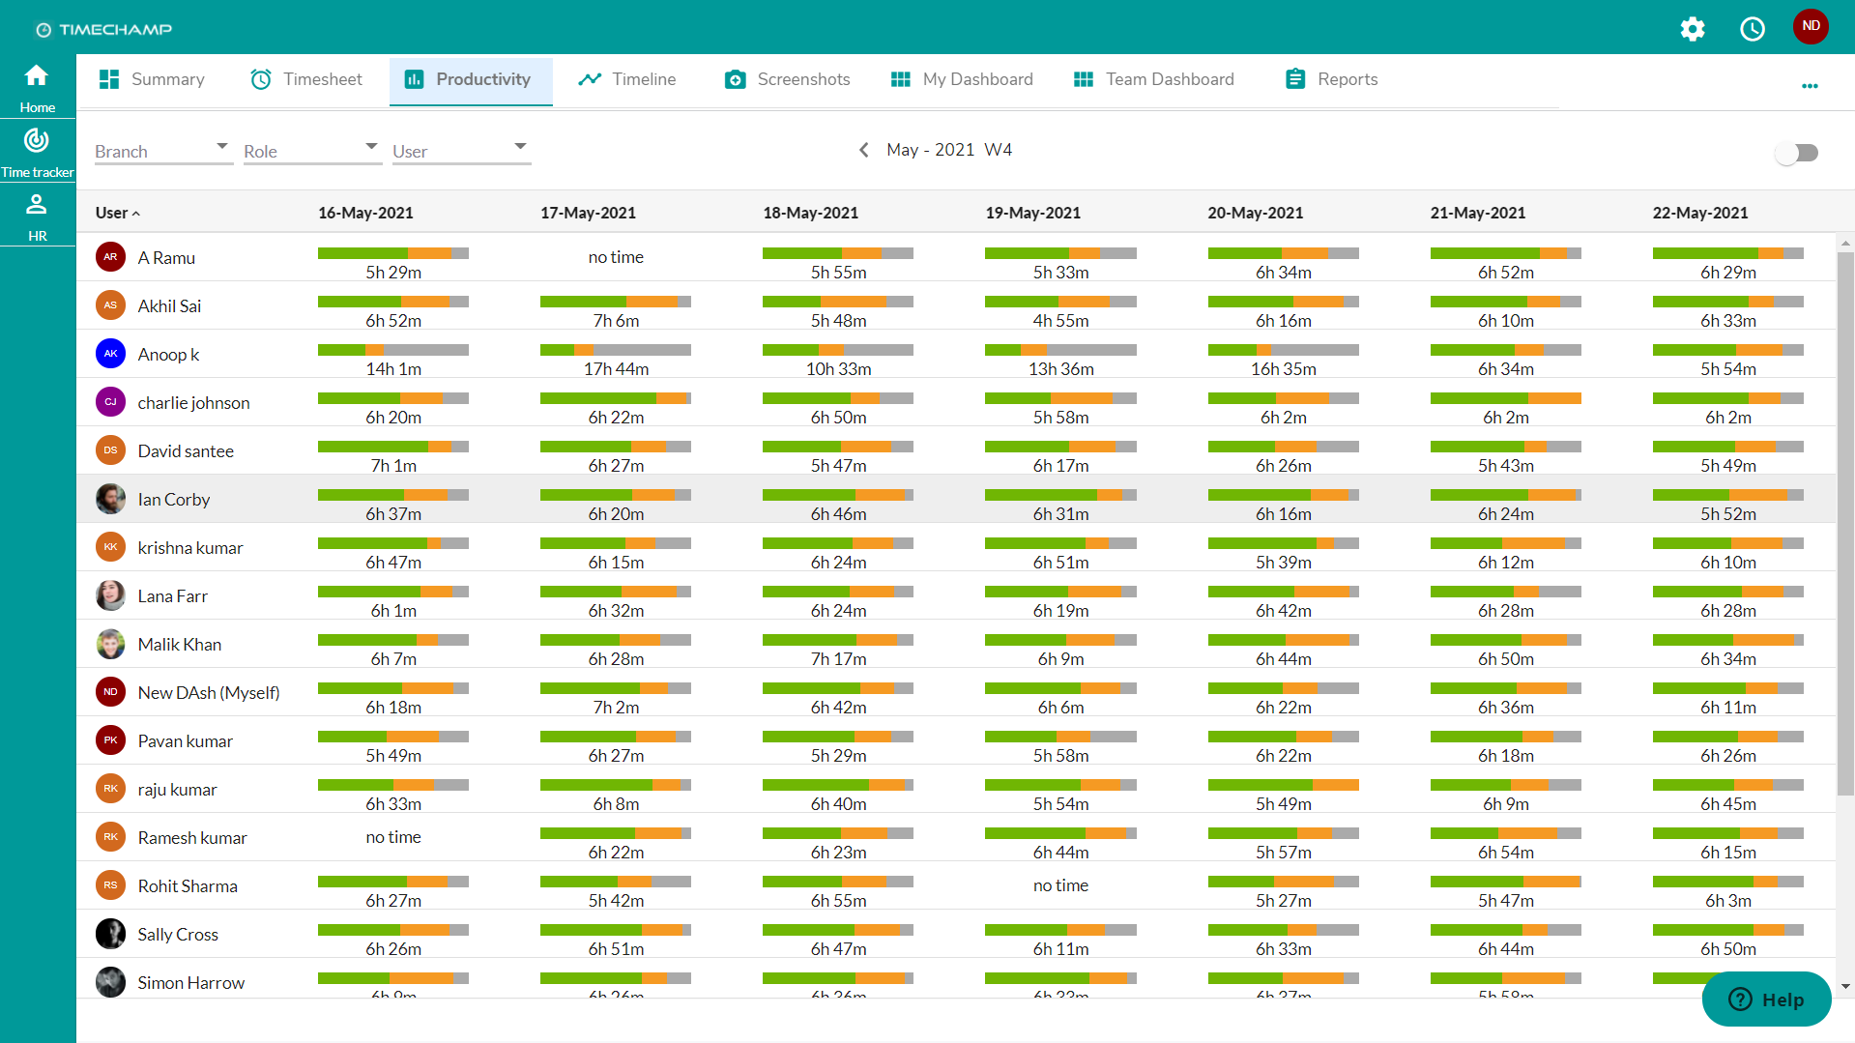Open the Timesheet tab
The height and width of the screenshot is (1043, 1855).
(x=306, y=79)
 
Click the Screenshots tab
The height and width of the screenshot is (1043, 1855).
(x=787, y=79)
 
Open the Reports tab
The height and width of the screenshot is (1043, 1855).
(x=1331, y=79)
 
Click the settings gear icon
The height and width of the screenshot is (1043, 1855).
(x=1692, y=29)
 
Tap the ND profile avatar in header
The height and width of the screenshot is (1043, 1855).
(x=1810, y=26)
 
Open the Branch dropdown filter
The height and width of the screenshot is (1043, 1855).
(x=161, y=151)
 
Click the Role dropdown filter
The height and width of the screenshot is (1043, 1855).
(x=310, y=151)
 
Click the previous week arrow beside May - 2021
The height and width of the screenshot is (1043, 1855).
(x=864, y=150)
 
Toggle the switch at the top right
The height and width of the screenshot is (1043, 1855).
(x=1797, y=153)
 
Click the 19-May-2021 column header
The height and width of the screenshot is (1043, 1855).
(x=1032, y=213)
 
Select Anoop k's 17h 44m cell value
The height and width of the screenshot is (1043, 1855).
(x=616, y=369)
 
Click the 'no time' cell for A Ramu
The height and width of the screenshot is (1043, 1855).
(x=616, y=257)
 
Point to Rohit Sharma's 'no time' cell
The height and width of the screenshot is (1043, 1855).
(x=1060, y=885)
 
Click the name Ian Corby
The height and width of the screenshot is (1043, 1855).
(x=174, y=500)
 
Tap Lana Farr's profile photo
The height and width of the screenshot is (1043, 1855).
(x=110, y=595)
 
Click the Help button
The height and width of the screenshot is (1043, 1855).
(x=1766, y=1000)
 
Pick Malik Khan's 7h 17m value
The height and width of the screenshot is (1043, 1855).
(x=838, y=659)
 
